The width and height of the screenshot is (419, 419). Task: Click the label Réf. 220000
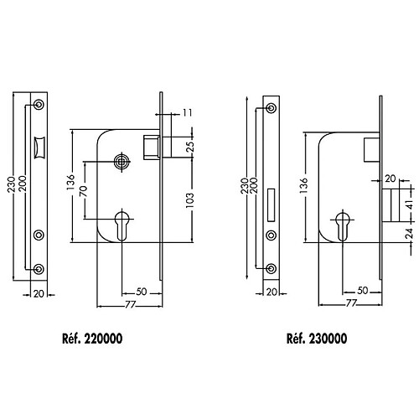[x=92, y=339]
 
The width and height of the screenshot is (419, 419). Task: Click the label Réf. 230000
[x=317, y=339]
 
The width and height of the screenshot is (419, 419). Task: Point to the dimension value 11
[x=188, y=113]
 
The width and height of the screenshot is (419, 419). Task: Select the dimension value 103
[x=189, y=200]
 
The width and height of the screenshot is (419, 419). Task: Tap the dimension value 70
[x=84, y=191]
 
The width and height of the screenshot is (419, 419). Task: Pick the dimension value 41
[x=409, y=205]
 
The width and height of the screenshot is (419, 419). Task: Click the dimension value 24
[x=409, y=234]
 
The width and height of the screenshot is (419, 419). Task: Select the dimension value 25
[x=189, y=147]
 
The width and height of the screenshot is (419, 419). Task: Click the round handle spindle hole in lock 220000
[x=122, y=162]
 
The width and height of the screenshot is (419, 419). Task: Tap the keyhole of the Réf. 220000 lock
[x=122, y=225]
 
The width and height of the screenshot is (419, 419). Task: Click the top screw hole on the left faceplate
[x=39, y=105]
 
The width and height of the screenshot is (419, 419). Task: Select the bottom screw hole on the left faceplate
[x=39, y=269]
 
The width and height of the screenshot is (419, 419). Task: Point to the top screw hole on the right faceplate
[x=271, y=108]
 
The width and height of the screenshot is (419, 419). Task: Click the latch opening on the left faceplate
[x=39, y=147]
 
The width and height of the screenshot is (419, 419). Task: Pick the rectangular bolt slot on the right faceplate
[x=271, y=205]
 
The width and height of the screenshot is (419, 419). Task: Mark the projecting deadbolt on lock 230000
[x=391, y=205]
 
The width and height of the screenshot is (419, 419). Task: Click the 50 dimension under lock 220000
[x=142, y=292]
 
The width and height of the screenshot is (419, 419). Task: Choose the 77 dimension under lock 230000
[x=351, y=303]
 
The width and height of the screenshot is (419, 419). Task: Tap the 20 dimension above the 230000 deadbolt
[x=391, y=178]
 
